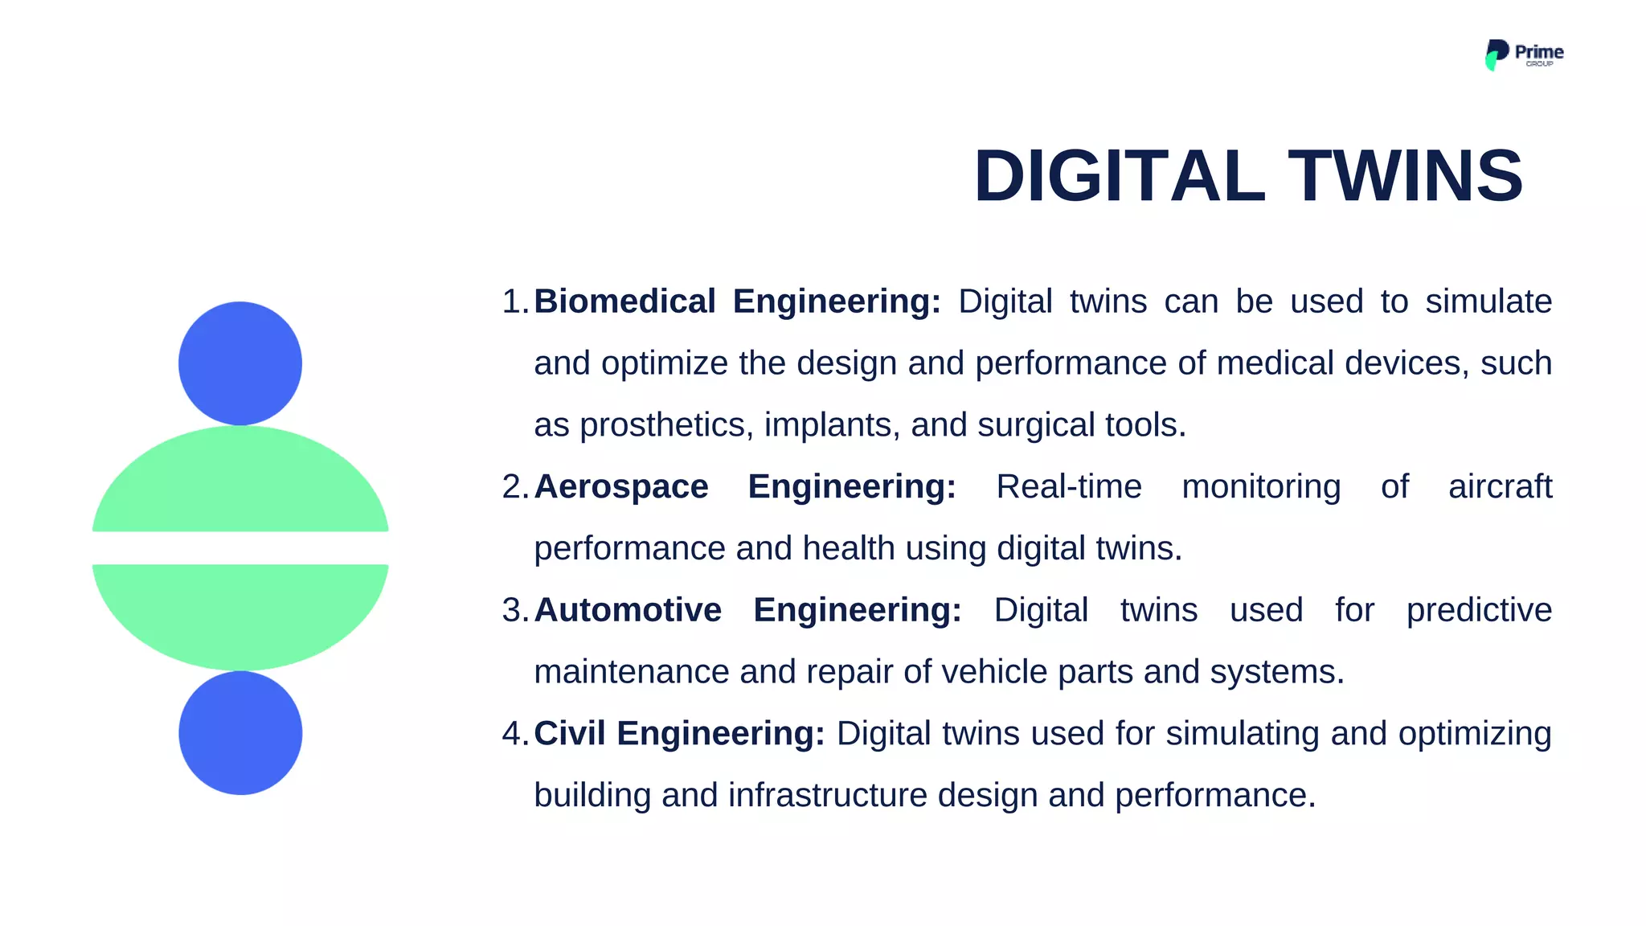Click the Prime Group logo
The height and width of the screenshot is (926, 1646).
pos(1523,55)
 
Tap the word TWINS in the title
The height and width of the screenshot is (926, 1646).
pos(1406,176)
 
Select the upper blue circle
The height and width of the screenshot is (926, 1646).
pos(240,363)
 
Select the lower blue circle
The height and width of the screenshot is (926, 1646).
pos(240,733)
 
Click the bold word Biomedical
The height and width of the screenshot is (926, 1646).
pos(624,301)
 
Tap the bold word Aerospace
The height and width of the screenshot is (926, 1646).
pos(621,486)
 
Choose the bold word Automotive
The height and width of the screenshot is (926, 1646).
pos(628,610)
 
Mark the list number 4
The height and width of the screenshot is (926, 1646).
pos(512,733)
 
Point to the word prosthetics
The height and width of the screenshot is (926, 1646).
pos(666,425)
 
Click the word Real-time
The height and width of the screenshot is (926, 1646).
pos(1068,486)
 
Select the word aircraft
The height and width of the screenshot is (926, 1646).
pos(1500,486)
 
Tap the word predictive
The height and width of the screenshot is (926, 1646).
pos(1479,610)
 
